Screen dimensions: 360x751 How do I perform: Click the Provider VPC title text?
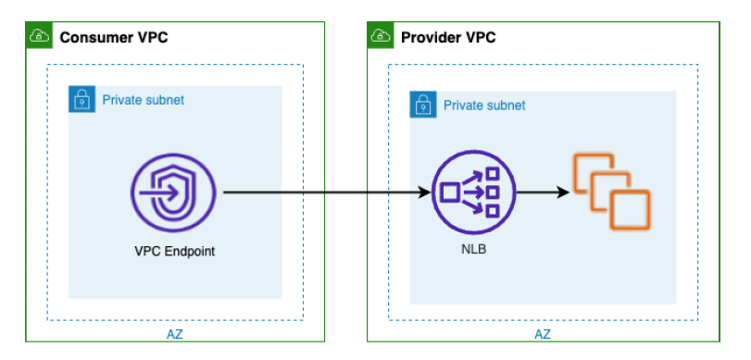pos(447,37)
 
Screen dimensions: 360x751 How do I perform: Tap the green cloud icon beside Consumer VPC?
pos(39,36)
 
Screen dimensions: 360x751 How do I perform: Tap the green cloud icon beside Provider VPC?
pos(380,36)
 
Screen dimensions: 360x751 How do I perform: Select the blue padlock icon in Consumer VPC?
pos(81,99)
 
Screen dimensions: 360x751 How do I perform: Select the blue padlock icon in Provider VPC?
pos(422,105)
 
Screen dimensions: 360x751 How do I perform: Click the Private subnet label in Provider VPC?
pos(483,106)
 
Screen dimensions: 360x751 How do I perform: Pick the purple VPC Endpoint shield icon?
pos(173,193)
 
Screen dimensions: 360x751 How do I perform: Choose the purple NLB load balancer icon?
pos(472,193)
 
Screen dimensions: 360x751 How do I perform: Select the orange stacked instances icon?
pos(610,192)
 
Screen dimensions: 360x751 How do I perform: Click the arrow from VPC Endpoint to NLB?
pos(324,193)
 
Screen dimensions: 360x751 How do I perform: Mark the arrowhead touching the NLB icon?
pos(426,193)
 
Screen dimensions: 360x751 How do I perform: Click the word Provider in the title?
pos(431,37)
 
